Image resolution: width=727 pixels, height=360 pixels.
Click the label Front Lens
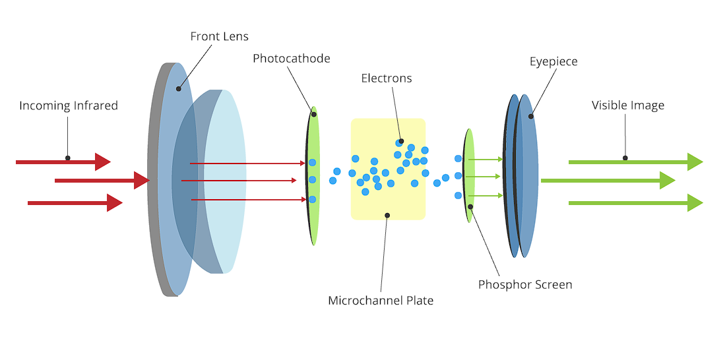tap(219, 37)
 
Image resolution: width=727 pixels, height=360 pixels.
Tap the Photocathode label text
tap(292, 59)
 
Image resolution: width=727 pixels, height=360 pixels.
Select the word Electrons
tap(387, 78)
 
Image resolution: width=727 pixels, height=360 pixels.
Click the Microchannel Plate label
tap(381, 301)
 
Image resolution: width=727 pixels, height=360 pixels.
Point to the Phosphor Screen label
tap(525, 284)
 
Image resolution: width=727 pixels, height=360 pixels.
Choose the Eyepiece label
tap(553, 61)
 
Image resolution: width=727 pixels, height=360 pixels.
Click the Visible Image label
tap(628, 105)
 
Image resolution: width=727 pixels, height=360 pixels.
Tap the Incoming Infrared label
tap(69, 105)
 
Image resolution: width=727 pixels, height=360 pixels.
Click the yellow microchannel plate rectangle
tap(388, 169)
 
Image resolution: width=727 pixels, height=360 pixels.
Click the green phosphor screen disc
tap(469, 175)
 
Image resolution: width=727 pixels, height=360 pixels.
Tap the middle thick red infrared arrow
tap(102, 180)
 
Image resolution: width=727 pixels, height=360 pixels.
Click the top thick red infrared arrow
tap(63, 162)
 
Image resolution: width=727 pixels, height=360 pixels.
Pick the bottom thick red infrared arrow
tap(75, 203)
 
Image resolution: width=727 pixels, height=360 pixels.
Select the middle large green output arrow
tap(608, 180)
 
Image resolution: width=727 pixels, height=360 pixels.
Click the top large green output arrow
tap(636, 162)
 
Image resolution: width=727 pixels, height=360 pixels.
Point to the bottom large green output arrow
tap(636, 203)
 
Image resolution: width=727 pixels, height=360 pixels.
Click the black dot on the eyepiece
tap(531, 116)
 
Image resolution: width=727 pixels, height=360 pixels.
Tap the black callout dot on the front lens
tap(179, 88)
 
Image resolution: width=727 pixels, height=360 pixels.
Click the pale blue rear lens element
tap(225, 181)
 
